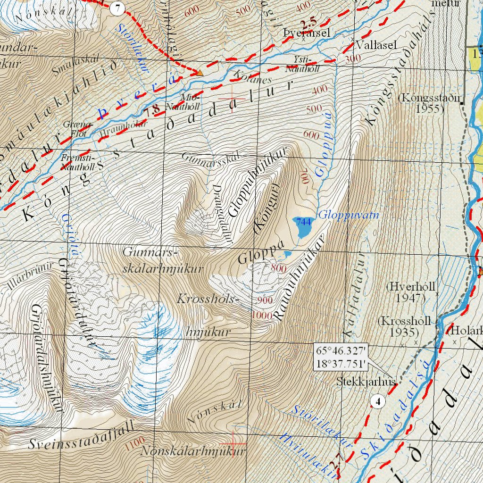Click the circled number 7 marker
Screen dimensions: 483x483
point(117,8)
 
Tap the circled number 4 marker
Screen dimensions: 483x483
point(378,401)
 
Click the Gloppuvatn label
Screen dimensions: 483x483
point(349,216)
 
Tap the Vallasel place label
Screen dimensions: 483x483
point(377,45)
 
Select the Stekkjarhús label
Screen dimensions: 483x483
point(365,381)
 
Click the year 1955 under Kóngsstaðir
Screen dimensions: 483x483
point(427,108)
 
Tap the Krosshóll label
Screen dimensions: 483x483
point(404,321)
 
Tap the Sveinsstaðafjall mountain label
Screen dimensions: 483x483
point(81,436)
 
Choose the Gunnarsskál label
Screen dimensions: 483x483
point(211,156)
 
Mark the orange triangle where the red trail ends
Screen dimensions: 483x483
point(200,73)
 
